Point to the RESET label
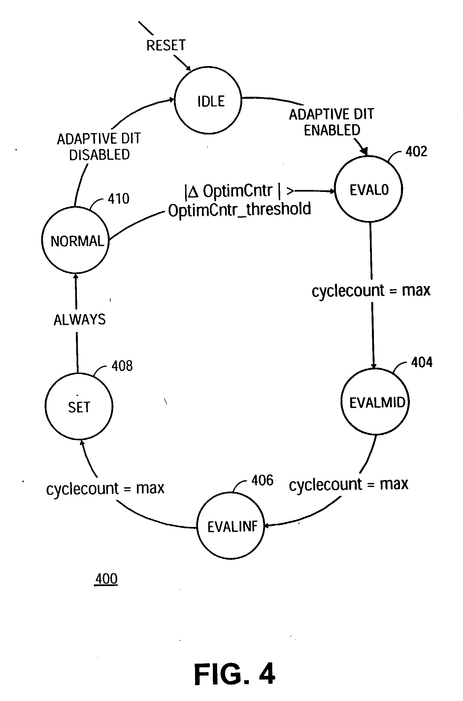point(166,45)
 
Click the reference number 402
point(416,152)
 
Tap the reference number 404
point(422,362)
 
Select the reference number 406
point(262,480)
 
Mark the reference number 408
point(122,366)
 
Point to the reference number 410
point(118,199)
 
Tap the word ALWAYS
point(80,319)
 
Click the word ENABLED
point(332,130)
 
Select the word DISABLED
point(99,155)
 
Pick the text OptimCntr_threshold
point(240,209)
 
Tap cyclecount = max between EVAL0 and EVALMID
point(371,290)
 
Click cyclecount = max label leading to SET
point(105,488)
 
